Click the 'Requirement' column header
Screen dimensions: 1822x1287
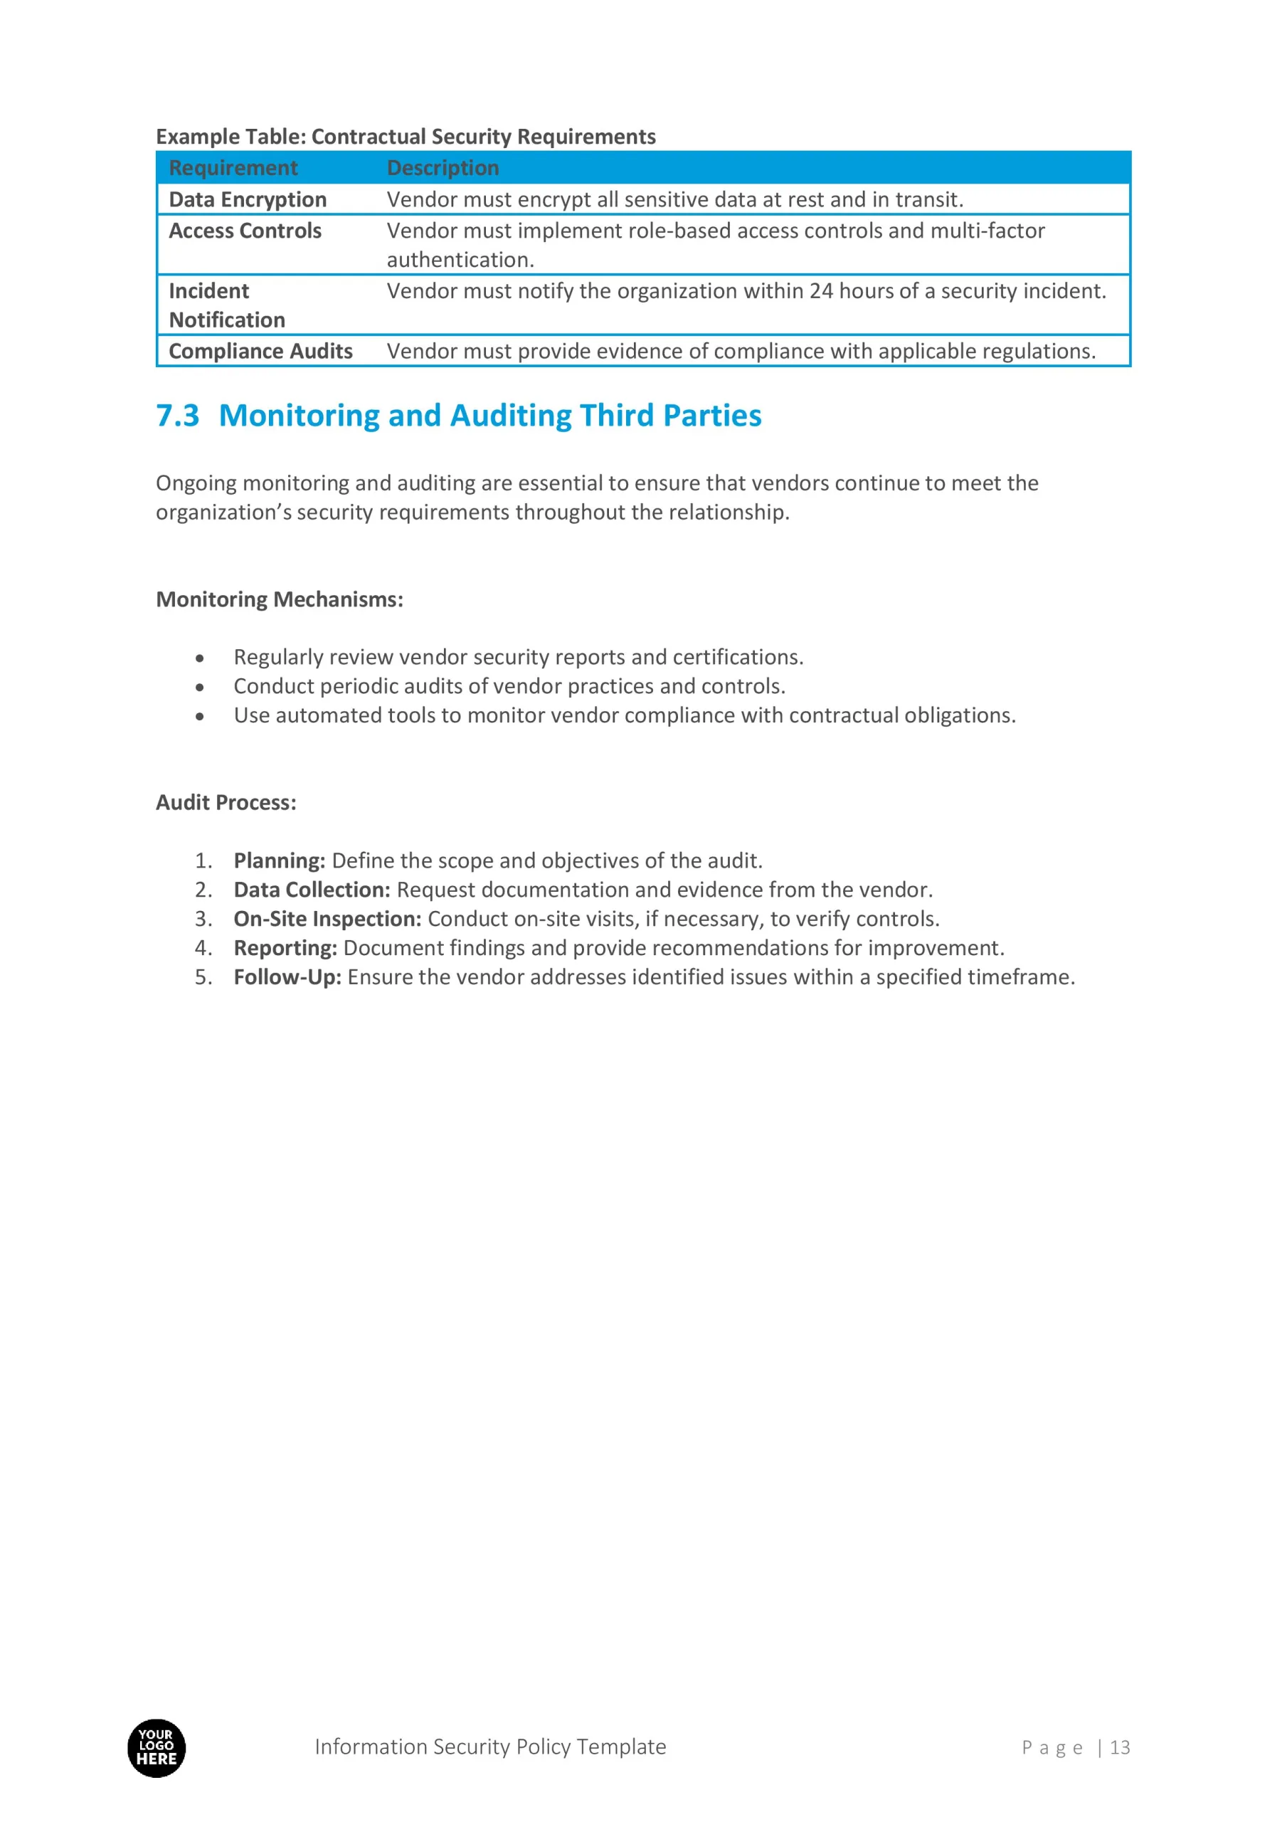[x=233, y=168]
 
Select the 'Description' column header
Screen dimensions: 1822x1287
[x=443, y=168]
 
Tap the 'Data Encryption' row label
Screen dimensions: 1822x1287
[x=248, y=199]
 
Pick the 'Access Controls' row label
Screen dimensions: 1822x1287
[x=245, y=231]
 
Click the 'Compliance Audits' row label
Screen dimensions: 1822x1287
[x=260, y=351]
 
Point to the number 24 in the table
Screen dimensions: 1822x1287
[x=820, y=291]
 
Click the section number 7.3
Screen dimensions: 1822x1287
[x=178, y=416]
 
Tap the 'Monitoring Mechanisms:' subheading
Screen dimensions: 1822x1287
[x=280, y=599]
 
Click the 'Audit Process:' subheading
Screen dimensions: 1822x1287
[x=226, y=802]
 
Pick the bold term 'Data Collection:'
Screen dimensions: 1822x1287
[x=312, y=890]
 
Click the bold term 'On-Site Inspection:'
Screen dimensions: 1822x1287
[x=327, y=919]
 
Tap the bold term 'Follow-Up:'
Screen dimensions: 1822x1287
[x=287, y=977]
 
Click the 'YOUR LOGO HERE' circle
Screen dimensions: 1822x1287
[x=157, y=1748]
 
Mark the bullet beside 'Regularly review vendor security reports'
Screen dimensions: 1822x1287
[x=200, y=658]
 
